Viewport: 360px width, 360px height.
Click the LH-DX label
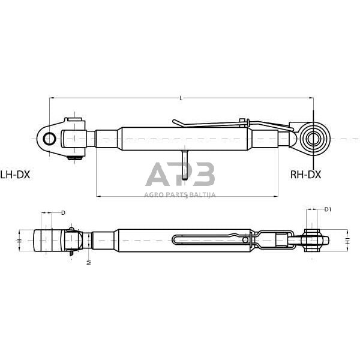16,175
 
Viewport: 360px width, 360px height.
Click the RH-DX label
305,175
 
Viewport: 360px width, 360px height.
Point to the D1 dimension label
328,209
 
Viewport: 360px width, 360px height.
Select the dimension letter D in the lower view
64,213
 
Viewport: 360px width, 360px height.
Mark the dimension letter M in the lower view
88,263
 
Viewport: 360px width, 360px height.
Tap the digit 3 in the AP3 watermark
204,175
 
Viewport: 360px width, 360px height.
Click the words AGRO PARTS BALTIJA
180,194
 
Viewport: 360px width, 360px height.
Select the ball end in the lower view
313,241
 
